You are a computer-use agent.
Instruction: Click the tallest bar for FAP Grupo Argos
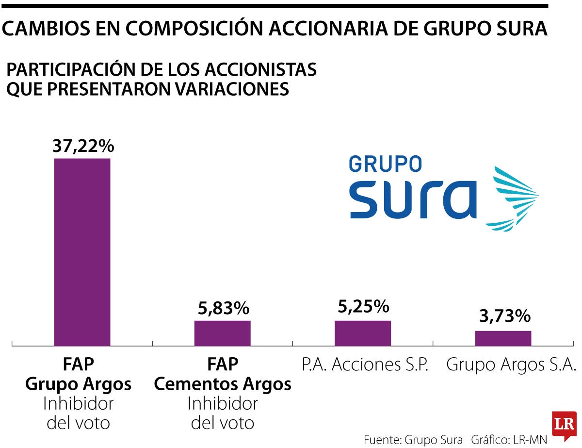click(82, 251)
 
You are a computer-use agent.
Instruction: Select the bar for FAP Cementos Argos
click(223, 333)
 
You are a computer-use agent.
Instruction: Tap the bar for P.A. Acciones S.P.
click(363, 333)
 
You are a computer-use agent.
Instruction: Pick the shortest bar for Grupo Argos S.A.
click(503, 338)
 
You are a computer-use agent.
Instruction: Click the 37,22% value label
click(82, 146)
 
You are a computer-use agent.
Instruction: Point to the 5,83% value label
click(223, 308)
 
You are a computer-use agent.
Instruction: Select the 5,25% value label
click(363, 306)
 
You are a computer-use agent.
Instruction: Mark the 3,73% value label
click(503, 317)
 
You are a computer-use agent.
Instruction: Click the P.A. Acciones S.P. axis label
click(365, 365)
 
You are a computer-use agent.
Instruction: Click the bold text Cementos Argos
click(223, 384)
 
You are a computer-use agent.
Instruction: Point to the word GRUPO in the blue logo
click(386, 164)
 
